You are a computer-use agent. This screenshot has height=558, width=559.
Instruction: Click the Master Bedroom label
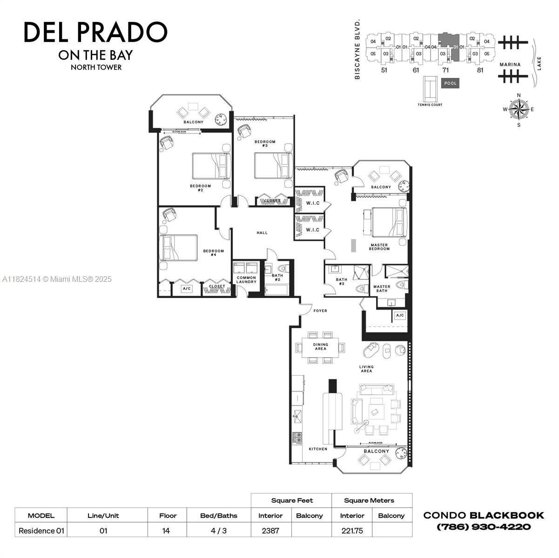pyautogui.click(x=379, y=247)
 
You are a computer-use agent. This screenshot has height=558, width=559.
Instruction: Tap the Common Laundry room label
pyautogui.click(x=246, y=280)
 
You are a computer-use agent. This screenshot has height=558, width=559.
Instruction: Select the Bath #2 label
pyautogui.click(x=277, y=278)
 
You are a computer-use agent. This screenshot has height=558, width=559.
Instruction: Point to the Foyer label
pyautogui.click(x=320, y=311)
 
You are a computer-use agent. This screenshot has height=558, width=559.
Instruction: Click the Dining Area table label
pyautogui.click(x=321, y=346)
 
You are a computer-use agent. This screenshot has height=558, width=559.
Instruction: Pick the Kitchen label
pyautogui.click(x=318, y=449)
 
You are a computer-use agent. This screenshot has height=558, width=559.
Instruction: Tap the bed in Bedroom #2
pyautogui.click(x=212, y=166)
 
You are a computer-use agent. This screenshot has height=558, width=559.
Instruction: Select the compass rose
pyautogui.click(x=519, y=110)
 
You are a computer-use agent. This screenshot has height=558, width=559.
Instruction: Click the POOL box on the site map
pyautogui.click(x=450, y=83)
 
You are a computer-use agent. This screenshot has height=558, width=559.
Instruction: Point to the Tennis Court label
pyautogui.click(x=430, y=105)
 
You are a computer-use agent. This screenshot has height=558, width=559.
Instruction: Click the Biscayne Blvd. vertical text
pyautogui.click(x=358, y=49)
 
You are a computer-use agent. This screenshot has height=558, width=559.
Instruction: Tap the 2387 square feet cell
pyautogui.click(x=270, y=531)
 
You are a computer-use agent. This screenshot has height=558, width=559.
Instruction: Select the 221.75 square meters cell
pyautogui.click(x=352, y=531)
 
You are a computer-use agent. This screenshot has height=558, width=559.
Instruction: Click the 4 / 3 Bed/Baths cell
pyautogui.click(x=218, y=531)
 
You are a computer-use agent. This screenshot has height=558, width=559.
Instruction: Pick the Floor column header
pyautogui.click(x=168, y=515)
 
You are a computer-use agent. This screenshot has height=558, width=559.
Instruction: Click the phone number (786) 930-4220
pyautogui.click(x=484, y=527)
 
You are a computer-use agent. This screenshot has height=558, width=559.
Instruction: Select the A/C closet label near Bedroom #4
pyautogui.click(x=187, y=289)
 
